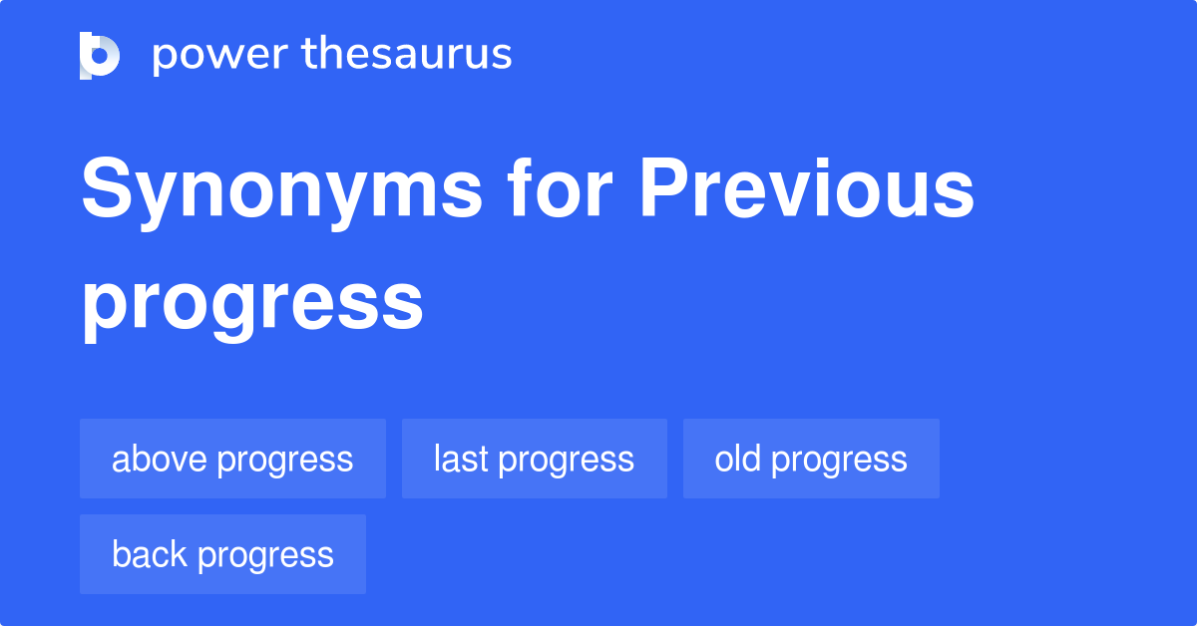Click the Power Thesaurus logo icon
[x=100, y=55]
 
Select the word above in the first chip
[x=160, y=460]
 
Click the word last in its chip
[x=461, y=460]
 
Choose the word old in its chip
[x=738, y=460]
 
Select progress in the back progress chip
[x=266, y=556]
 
